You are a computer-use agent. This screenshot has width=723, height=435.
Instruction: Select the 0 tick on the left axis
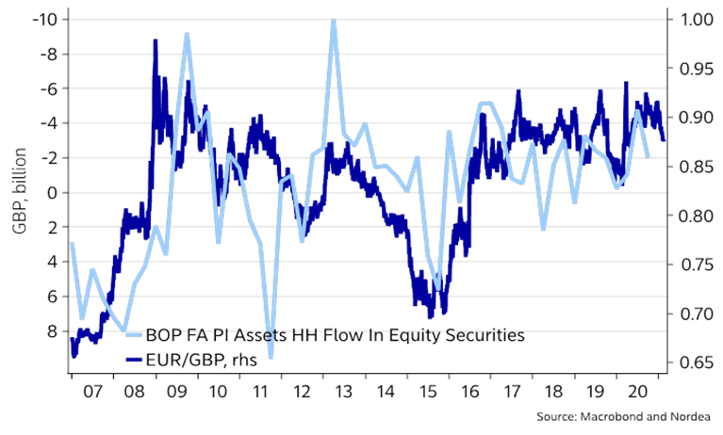(x=51, y=192)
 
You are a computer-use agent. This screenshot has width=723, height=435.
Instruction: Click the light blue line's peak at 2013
(x=333, y=21)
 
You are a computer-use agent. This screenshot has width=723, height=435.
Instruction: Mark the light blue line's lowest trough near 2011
(x=271, y=357)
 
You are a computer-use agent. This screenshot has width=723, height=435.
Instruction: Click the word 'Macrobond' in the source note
(x=612, y=416)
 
